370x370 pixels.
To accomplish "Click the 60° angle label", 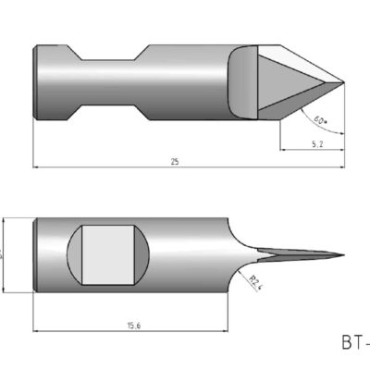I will [x=319, y=120].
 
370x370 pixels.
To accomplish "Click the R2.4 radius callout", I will [x=256, y=281].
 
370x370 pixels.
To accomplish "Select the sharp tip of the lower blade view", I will [x=343, y=255].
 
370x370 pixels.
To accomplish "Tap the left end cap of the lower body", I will [x=36, y=255].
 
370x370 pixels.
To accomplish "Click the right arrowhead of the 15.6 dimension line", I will [x=226, y=330].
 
